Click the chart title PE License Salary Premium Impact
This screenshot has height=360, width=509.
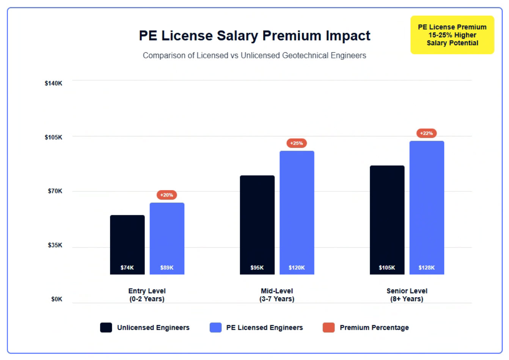pos(254,36)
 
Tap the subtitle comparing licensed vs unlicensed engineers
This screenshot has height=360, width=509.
pos(254,55)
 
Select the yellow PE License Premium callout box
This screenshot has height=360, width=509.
pos(452,35)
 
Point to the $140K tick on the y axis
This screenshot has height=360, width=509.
pos(53,83)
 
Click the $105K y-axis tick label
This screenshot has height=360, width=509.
pos(53,137)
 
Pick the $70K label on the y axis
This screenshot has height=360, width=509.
pos(55,191)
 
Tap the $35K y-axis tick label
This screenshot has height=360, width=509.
pos(55,245)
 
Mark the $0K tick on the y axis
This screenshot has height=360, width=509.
pos(57,299)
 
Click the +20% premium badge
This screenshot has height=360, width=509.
pos(167,195)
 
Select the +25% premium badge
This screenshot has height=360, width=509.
pos(297,143)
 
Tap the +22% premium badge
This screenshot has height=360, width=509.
pos(427,133)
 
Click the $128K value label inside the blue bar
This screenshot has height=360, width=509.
pos(427,268)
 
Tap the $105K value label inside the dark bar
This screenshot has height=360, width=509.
pos(387,268)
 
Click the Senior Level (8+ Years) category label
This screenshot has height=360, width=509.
pos(407,295)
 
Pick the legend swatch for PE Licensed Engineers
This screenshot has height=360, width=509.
pos(215,328)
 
